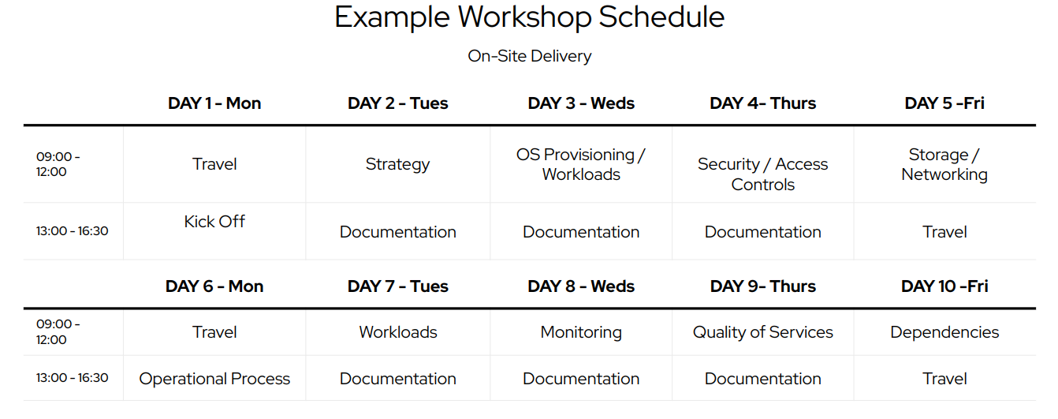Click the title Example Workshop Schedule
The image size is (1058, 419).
[x=530, y=17]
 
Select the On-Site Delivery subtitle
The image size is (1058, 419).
[x=530, y=56]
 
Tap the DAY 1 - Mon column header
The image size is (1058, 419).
[x=214, y=103]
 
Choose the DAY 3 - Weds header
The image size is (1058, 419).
[x=581, y=103]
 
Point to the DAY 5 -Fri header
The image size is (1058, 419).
[x=944, y=103]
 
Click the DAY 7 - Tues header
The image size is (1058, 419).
[x=397, y=286]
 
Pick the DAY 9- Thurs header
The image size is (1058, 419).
[x=763, y=286]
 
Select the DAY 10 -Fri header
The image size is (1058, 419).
[x=944, y=286]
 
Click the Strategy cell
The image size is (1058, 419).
[x=397, y=165]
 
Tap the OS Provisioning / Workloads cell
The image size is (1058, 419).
[x=581, y=165]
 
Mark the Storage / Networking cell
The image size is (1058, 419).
[x=944, y=165]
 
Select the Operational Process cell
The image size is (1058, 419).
[x=214, y=379]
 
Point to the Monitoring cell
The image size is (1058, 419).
[x=581, y=332]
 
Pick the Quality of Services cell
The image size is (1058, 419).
[x=763, y=332]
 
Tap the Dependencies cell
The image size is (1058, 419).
[x=944, y=332]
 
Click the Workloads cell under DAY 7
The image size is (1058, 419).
[x=397, y=332]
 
